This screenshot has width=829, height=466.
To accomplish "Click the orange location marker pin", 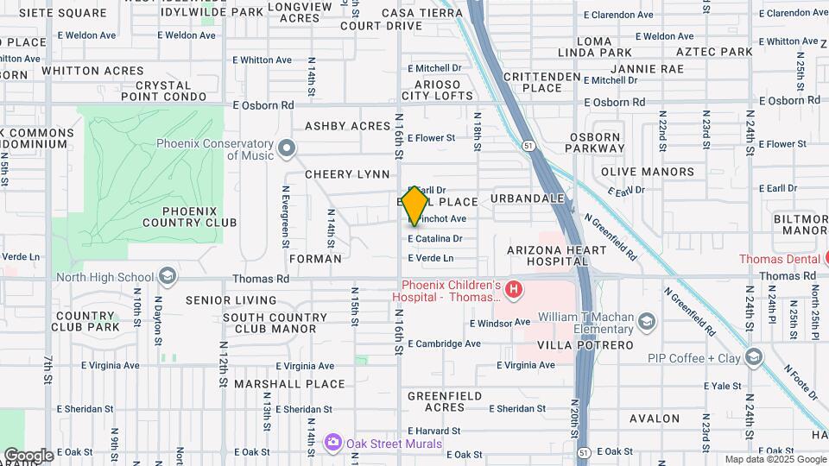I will pos(414,205).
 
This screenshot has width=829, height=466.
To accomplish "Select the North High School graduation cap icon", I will pos(168,277).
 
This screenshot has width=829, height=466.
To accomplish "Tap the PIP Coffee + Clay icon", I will pos(755,357).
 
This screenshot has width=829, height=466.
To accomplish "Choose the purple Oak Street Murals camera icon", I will pos(332,444).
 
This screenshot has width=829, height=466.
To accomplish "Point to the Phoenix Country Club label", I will pos(199,217).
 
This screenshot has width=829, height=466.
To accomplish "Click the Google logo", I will pos(28,455).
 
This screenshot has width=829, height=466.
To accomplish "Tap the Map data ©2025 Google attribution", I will pos(775,459).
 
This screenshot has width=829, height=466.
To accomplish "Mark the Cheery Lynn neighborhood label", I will pos(347,174).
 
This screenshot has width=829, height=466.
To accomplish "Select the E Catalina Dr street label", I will pos(435,238).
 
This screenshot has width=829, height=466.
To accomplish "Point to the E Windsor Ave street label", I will pos(499,323).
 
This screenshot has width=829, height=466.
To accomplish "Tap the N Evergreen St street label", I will pos(285,216).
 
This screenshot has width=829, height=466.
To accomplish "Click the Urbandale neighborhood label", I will pos(527,198).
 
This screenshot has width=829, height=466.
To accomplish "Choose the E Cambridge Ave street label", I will pos(444,343).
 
